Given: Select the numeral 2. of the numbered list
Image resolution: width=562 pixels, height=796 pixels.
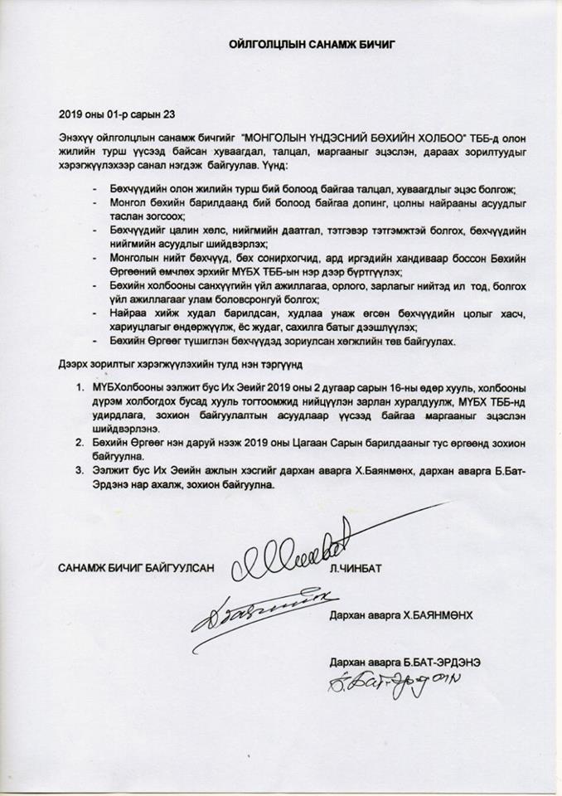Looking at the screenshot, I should pos(80,444).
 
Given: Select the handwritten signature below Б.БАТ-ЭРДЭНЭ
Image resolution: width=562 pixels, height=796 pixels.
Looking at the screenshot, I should pos(386,685).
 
